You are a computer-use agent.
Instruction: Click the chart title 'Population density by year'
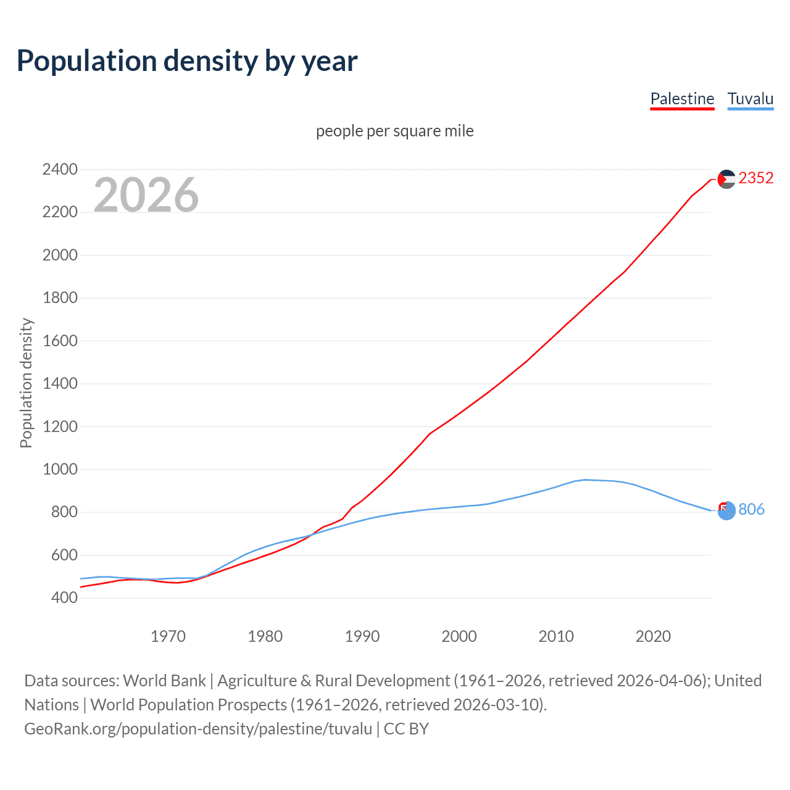[187, 61]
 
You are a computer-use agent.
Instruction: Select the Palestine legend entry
[682, 99]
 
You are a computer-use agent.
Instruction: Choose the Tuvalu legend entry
[750, 99]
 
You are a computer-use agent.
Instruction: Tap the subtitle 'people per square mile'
[395, 131]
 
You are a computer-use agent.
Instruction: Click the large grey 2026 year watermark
[146, 195]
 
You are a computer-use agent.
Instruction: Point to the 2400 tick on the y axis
[60, 169]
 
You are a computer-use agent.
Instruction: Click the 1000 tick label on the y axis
[60, 469]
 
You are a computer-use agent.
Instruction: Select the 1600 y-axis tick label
[60, 341]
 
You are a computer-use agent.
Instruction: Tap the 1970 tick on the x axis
[168, 636]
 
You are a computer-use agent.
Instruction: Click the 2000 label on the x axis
[459, 636]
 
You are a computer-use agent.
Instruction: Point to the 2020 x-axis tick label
[653, 636]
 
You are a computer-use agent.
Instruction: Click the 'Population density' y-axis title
[26, 383]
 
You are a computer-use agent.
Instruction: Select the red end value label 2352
[755, 178]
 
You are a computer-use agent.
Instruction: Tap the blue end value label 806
[751, 509]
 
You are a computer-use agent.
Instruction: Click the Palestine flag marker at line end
[726, 179]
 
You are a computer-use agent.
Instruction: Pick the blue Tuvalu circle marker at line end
[727, 511]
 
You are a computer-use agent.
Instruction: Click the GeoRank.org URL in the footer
[198, 729]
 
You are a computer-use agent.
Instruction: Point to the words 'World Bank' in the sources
[164, 681]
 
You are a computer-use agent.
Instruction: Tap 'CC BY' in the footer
[406, 729]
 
